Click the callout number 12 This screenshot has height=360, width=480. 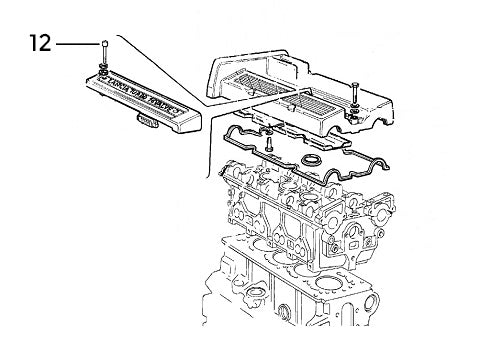(x=41, y=43)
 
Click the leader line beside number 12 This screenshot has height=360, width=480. (x=78, y=44)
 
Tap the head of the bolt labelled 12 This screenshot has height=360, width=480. (x=105, y=43)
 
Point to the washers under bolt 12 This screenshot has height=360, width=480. (x=104, y=68)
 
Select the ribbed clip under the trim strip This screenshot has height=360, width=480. (x=147, y=121)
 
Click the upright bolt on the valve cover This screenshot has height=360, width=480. (x=354, y=94)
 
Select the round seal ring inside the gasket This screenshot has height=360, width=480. (x=311, y=160)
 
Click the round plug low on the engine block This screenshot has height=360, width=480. (x=284, y=312)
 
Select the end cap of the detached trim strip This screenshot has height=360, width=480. (x=189, y=119)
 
